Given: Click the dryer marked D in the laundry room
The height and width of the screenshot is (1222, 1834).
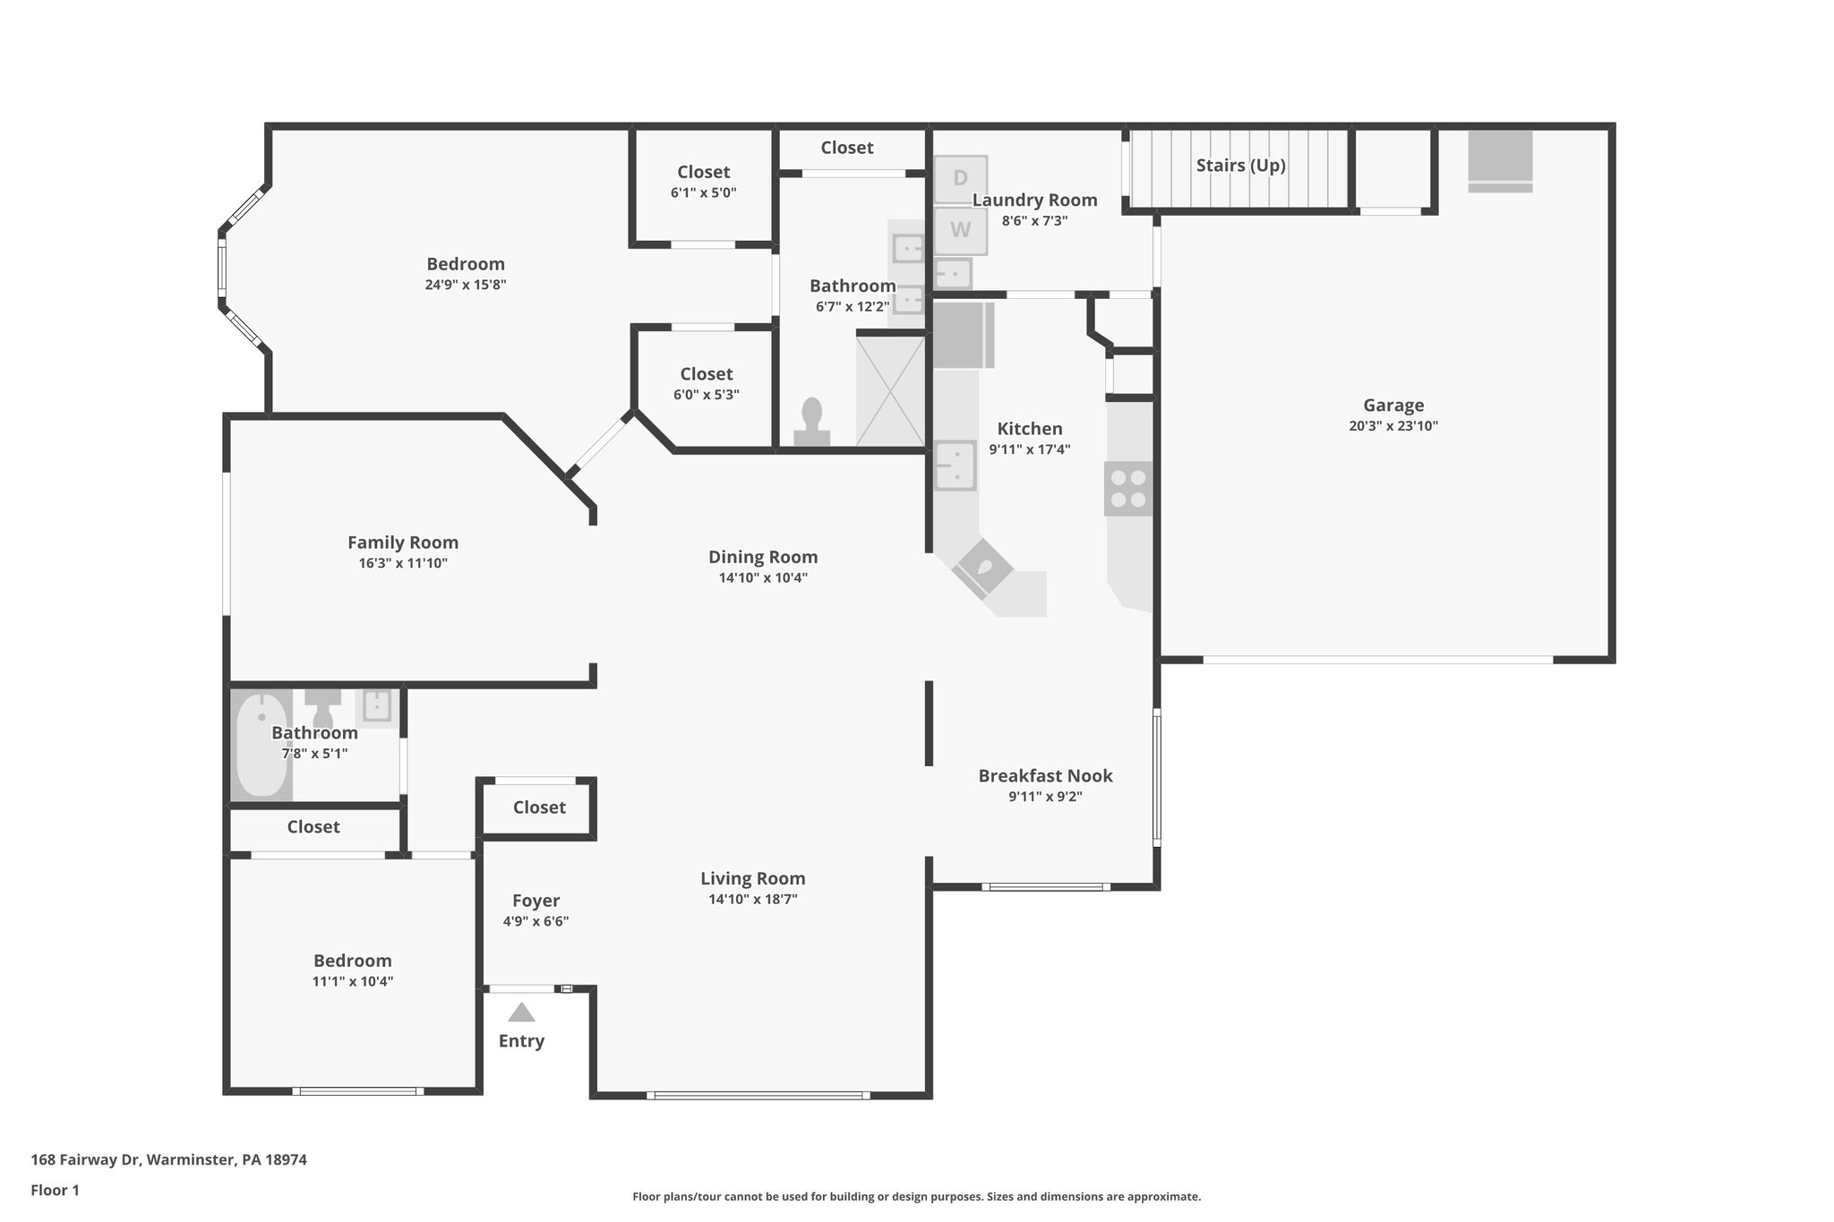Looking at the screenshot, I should pos(960,179).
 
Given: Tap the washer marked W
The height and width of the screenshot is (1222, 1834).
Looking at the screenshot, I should pos(960,230).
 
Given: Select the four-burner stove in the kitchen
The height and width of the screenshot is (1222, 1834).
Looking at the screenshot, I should pos(1128,489).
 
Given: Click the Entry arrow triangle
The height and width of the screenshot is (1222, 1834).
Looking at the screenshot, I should pos(521,1013).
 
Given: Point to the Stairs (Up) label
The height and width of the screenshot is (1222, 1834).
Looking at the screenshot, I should pos(1240,166).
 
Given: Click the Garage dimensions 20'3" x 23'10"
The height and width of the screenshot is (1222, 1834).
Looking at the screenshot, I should pos(1393,426).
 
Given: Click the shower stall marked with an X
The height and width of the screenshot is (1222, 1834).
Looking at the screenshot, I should pos(890,389).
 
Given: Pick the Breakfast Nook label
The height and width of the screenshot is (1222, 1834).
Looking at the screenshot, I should pos(1045,776).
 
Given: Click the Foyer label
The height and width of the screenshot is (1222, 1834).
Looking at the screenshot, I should pos(536,901).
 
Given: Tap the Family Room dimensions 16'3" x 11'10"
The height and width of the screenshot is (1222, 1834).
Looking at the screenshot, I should pos(402,563).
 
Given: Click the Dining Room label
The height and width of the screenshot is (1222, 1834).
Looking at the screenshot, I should pos(763,557).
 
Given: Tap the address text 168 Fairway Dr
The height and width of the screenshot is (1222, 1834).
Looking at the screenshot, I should pos(168,1159).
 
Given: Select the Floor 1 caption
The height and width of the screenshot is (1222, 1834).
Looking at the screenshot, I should pos(55,1190).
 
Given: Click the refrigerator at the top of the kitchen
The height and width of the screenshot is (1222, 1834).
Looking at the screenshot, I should pos(963,336).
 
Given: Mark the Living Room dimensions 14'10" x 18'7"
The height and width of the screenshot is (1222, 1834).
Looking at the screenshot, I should pos(752,900).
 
